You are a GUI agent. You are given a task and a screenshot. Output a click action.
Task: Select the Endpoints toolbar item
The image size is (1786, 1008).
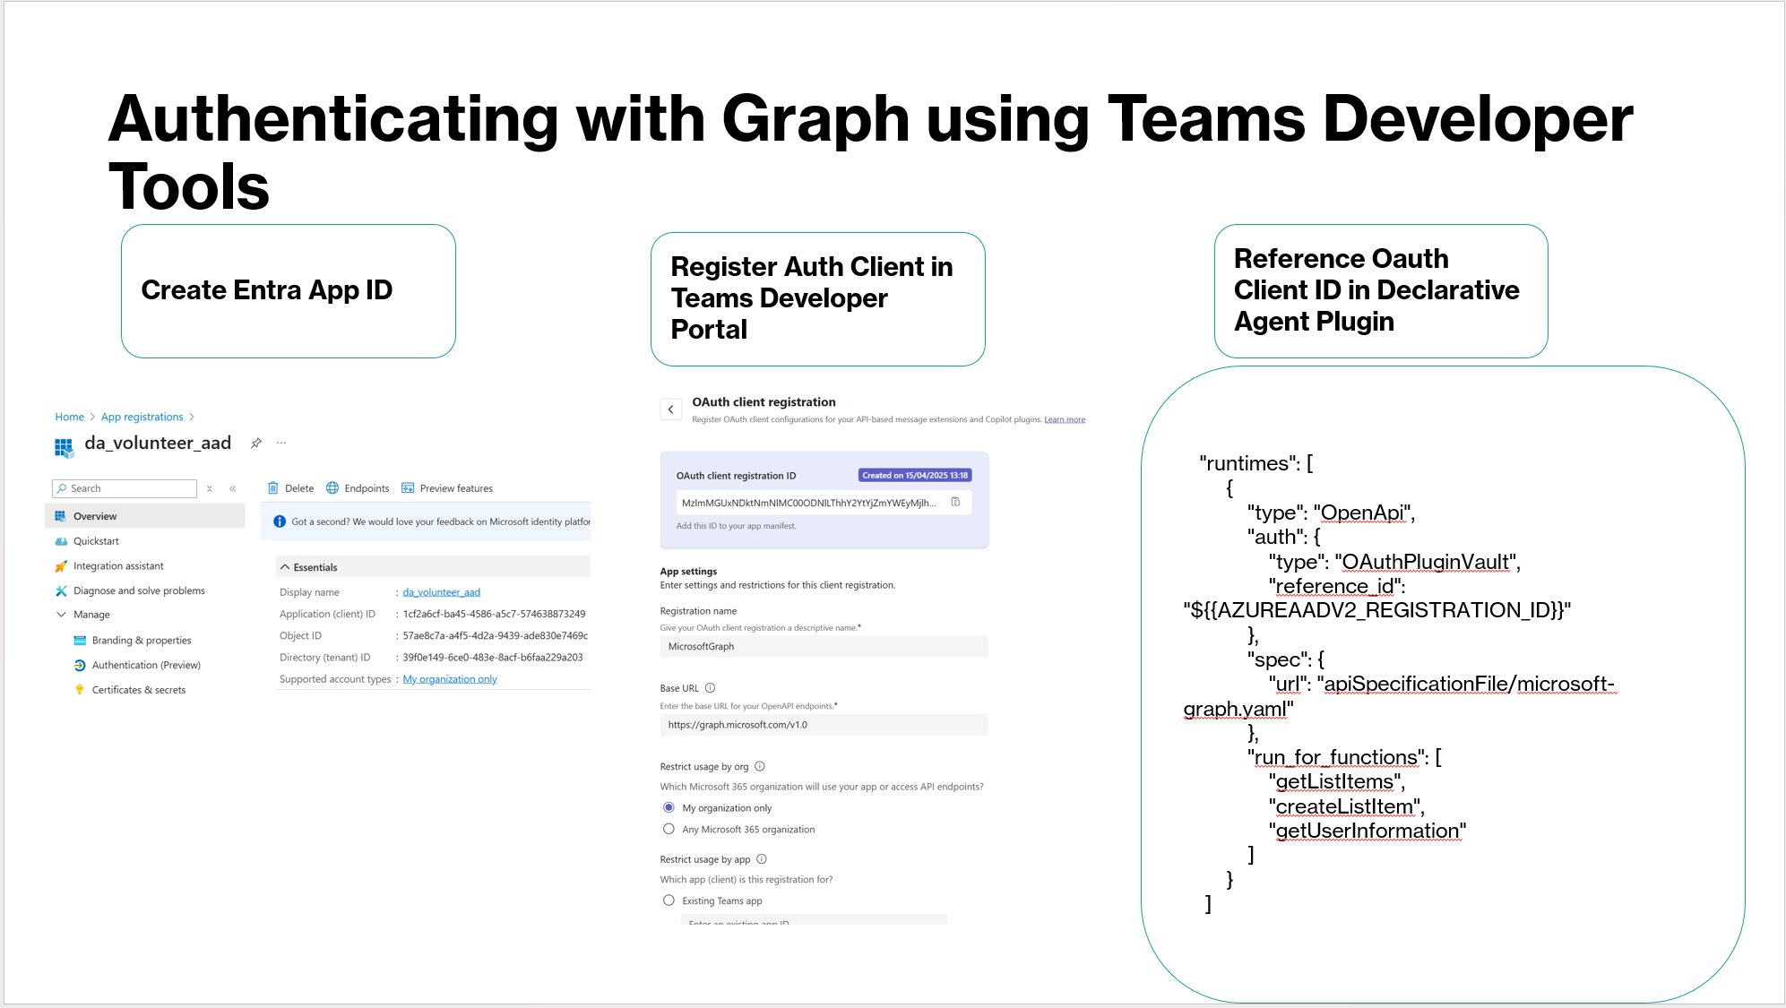358,488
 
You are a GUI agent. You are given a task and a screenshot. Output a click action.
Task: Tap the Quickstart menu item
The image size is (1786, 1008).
96,541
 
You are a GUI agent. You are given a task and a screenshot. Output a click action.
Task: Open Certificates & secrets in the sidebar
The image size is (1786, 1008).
138,690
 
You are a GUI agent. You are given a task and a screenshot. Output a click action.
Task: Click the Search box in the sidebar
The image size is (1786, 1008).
125,488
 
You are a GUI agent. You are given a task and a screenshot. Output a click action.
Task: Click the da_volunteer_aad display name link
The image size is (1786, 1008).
441,592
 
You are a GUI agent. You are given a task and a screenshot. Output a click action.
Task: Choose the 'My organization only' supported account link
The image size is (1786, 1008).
450,679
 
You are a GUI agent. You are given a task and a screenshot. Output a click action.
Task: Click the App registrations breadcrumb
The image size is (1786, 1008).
142,417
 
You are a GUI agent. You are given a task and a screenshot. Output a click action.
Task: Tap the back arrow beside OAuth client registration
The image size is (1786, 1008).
670,409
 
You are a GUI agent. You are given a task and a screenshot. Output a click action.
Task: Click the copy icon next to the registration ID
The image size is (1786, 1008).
955,502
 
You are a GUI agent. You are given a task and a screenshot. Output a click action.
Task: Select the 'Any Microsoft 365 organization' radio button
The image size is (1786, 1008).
669,830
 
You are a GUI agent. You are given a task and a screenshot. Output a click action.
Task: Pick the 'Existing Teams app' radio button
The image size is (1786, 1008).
669,900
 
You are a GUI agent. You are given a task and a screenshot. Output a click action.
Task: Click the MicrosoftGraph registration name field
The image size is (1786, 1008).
823,647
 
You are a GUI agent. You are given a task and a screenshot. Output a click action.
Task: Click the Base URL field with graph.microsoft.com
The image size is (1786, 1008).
823,725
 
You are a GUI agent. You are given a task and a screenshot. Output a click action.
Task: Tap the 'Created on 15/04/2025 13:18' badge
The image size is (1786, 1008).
914,476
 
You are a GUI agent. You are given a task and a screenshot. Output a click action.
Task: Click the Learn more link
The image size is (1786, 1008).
1064,419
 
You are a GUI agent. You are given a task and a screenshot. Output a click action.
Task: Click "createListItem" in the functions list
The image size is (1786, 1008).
1345,806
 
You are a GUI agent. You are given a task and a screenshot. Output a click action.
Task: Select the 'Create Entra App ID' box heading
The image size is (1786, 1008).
267,290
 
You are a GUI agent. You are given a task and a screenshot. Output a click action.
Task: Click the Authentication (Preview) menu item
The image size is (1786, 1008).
146,665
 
